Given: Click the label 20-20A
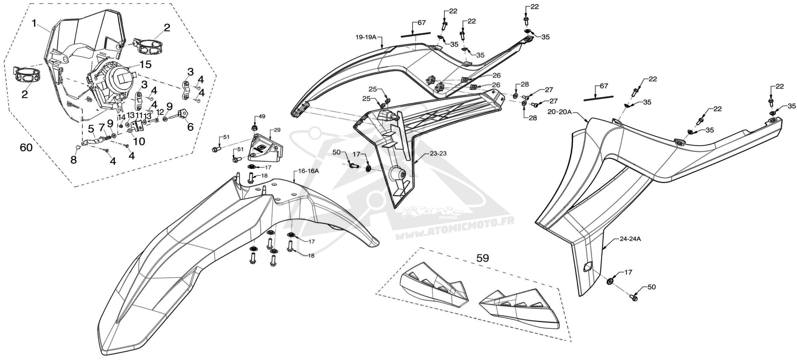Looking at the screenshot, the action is coord(559,112).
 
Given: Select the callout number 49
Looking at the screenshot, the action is coord(262,116).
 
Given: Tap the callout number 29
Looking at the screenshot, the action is coord(277,130).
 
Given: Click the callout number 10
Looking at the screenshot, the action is coord(139,141).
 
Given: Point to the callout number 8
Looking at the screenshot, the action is coord(74,160).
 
